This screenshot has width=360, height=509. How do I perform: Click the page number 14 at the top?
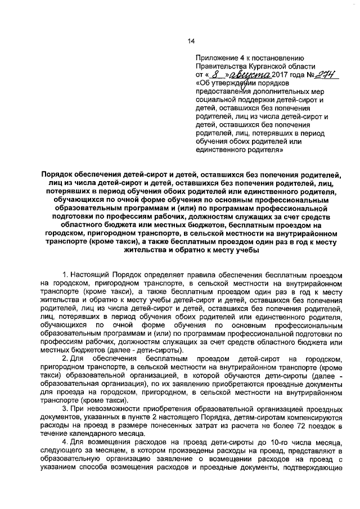tap(191, 41)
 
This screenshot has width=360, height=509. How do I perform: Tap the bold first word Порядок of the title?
tap(58, 175)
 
